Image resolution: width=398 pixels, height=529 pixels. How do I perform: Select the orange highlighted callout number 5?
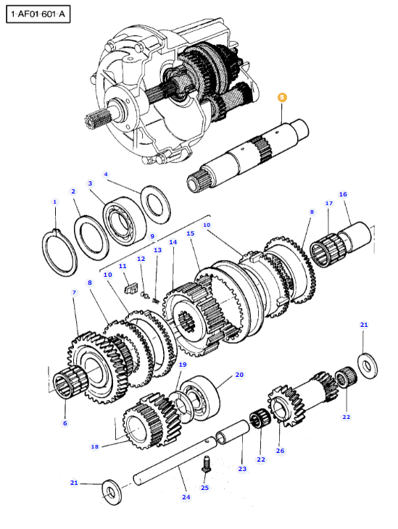tap(283, 96)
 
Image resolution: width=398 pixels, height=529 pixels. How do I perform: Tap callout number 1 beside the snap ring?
tap(54, 201)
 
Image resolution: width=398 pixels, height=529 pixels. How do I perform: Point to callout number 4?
tap(106, 174)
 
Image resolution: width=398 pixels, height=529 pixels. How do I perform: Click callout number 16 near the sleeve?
tap(343, 194)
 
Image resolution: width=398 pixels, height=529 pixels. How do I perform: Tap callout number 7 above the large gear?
tap(73, 292)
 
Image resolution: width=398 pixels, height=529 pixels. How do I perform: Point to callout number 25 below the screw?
tap(204, 488)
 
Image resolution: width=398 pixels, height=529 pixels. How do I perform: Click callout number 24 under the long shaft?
tap(186, 497)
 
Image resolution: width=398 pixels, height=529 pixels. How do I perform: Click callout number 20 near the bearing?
tap(239, 375)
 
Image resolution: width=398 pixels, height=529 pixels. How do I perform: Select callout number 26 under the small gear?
tap(280, 450)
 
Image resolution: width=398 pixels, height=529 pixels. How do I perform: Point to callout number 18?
tap(94, 447)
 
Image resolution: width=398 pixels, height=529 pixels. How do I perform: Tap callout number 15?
tap(191, 234)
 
